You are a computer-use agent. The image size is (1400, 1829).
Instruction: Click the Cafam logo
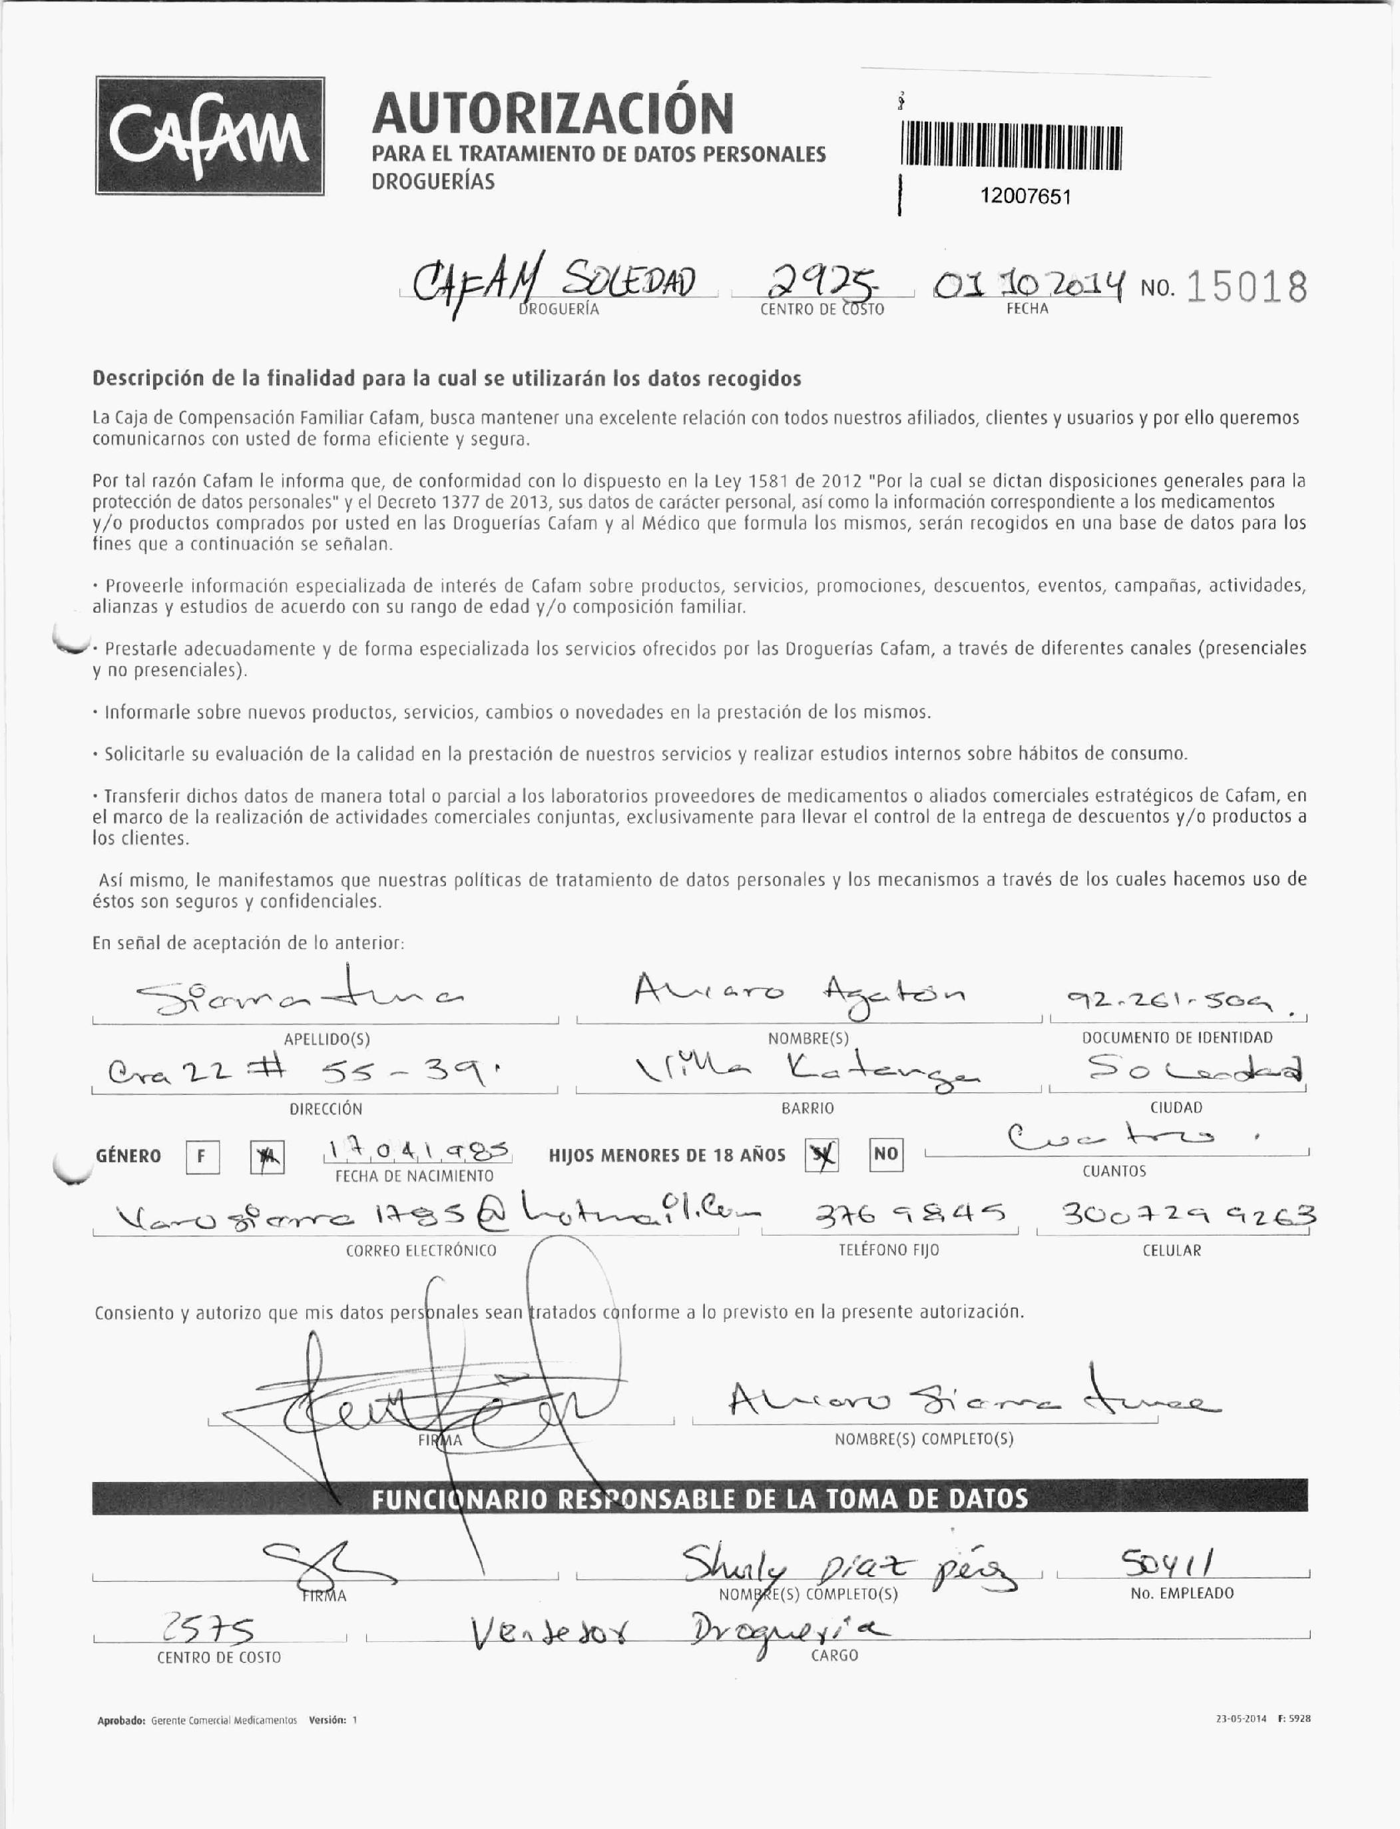[209, 136]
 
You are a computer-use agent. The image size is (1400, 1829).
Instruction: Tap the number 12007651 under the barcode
[1025, 196]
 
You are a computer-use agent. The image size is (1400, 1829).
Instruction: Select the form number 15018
[1245, 288]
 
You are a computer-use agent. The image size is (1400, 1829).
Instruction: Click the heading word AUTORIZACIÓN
[553, 113]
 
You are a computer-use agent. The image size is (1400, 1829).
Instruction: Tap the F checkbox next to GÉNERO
[202, 1156]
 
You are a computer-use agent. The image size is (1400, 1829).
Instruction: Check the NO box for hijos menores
[886, 1154]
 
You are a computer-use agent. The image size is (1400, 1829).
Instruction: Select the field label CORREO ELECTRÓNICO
[421, 1250]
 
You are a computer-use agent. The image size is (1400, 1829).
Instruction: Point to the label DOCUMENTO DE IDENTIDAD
[1177, 1038]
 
